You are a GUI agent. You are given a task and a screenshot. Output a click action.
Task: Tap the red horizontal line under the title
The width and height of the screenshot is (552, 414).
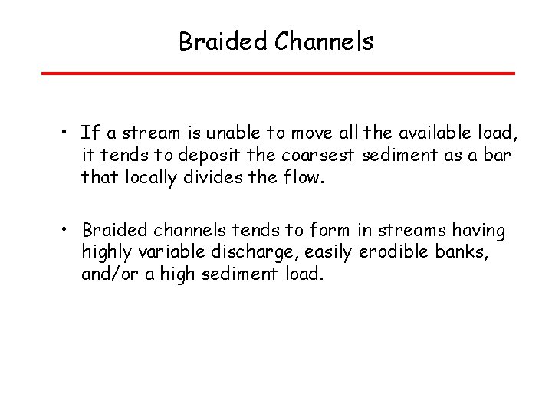pos(278,74)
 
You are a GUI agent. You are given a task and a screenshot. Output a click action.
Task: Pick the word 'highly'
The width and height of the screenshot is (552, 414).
pos(105,251)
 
